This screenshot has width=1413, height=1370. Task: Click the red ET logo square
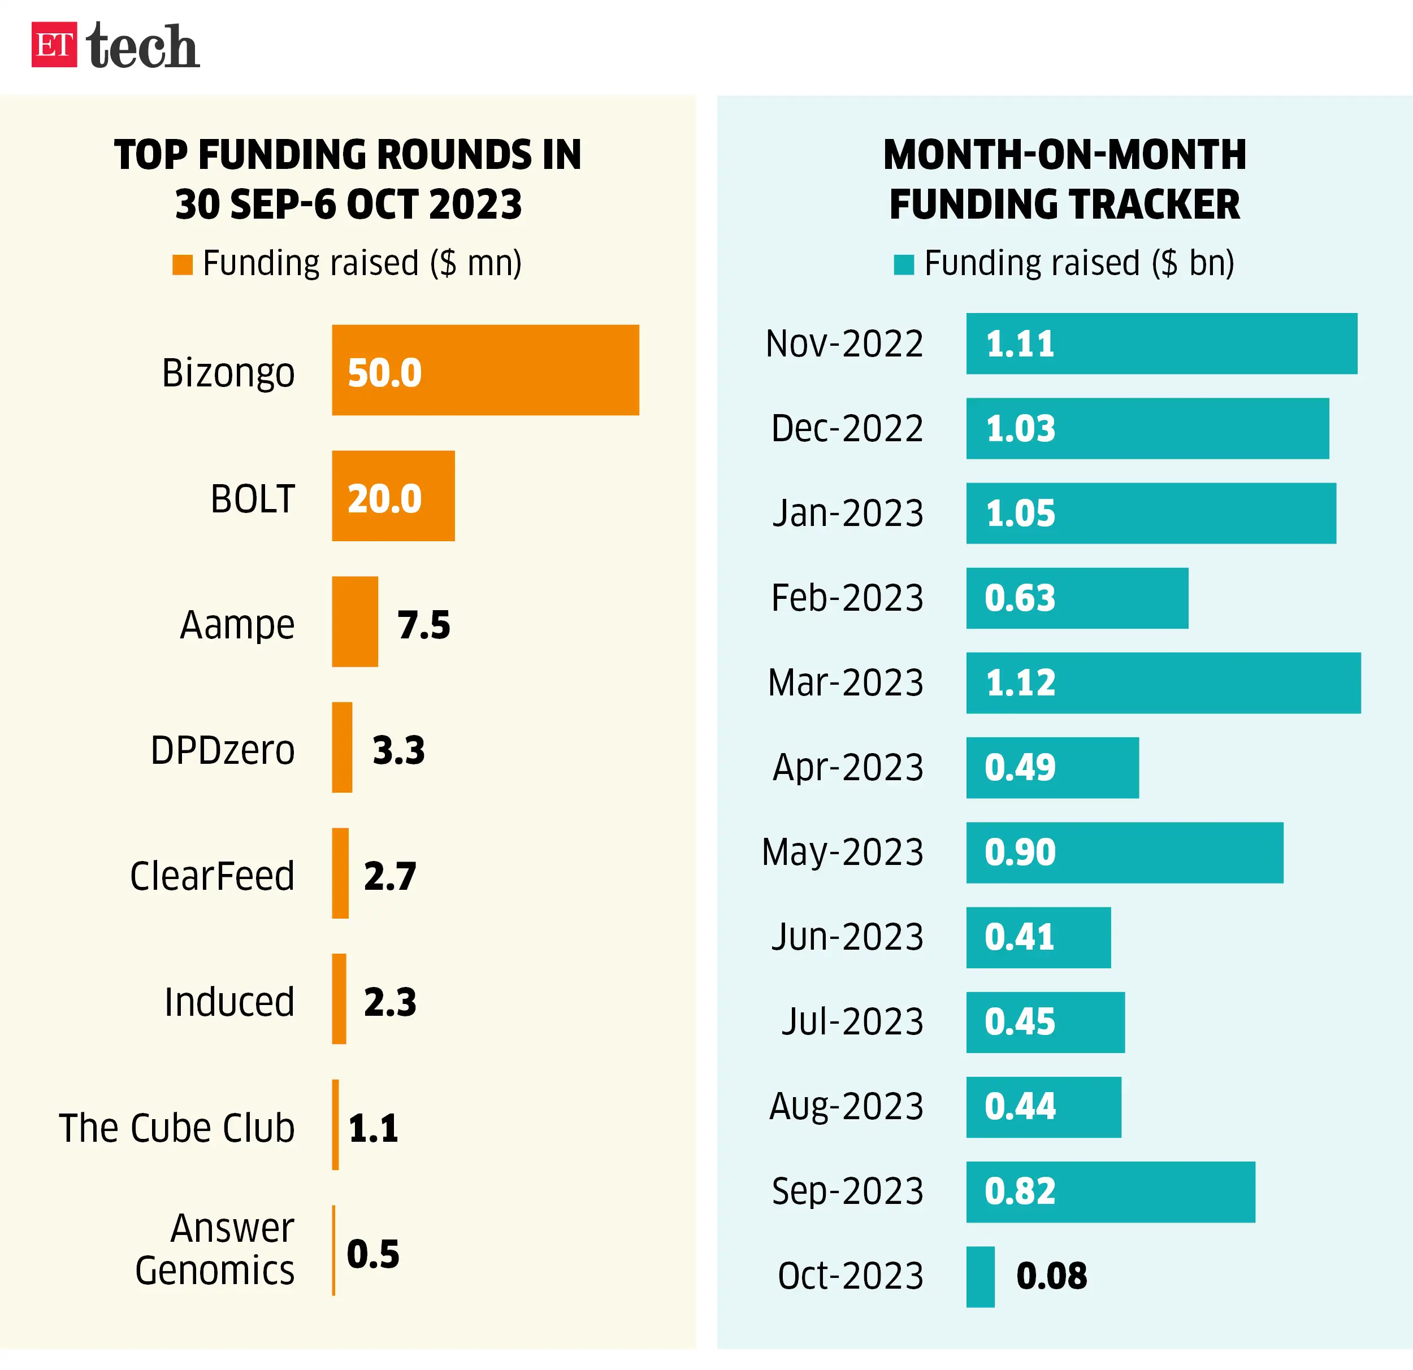(x=54, y=45)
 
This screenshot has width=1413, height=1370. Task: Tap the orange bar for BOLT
(x=393, y=496)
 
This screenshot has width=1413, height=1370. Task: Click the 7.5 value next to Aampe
(x=424, y=625)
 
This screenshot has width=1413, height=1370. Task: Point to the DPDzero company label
(x=223, y=750)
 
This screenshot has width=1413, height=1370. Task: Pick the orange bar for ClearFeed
(x=340, y=873)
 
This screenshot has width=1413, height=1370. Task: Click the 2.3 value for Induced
(x=390, y=1002)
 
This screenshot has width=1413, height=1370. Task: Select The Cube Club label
(x=176, y=1127)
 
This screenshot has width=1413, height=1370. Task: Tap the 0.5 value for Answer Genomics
(x=372, y=1254)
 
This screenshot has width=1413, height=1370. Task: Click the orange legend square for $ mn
(x=183, y=264)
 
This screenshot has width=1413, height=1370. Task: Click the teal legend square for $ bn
(x=904, y=264)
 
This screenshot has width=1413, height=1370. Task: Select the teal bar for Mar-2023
(x=1163, y=682)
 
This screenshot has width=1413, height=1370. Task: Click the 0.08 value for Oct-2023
(x=1051, y=1276)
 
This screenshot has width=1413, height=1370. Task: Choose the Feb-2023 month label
(x=847, y=598)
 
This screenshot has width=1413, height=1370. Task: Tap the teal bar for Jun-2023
(x=1038, y=937)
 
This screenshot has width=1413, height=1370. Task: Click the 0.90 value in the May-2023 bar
(x=1020, y=852)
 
